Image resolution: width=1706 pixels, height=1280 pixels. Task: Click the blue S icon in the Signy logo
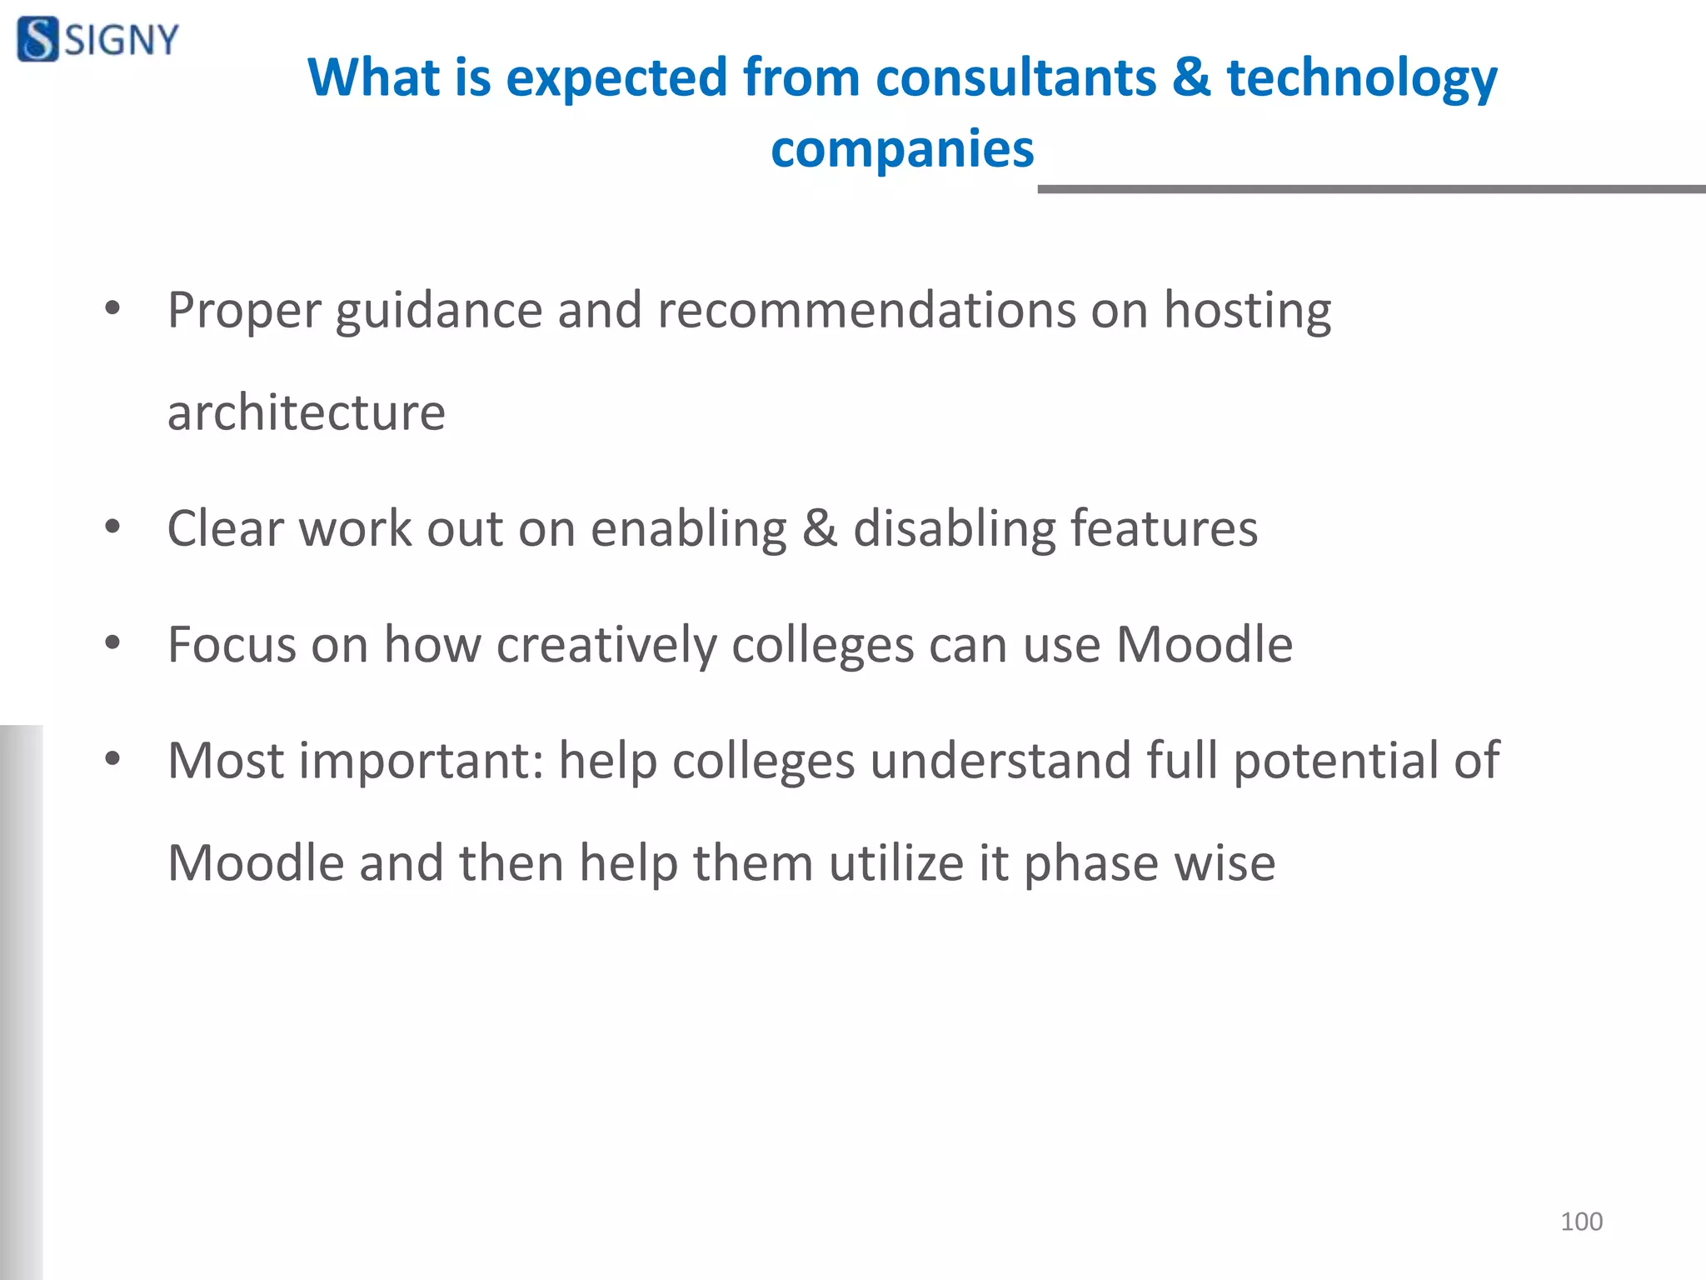(x=37, y=39)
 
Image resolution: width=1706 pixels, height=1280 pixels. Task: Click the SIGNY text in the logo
(x=122, y=40)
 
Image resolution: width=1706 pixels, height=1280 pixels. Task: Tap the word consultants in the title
(x=1015, y=77)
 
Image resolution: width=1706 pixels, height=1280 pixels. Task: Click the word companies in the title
(x=901, y=149)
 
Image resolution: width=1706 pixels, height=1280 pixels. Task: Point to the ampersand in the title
(x=1190, y=77)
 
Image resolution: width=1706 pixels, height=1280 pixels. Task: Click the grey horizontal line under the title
(x=1370, y=189)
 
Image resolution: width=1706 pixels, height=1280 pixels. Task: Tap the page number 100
(x=1580, y=1222)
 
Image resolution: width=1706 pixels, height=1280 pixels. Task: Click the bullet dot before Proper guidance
(x=112, y=309)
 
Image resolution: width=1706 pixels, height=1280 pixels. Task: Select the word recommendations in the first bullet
(x=866, y=310)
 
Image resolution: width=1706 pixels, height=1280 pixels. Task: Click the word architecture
(x=306, y=412)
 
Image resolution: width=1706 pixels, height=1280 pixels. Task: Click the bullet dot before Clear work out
(x=112, y=527)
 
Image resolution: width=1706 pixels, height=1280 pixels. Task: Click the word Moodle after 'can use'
(x=1204, y=644)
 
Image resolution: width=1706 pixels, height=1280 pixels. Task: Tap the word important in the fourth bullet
(x=421, y=762)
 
